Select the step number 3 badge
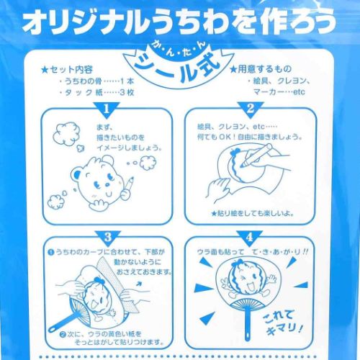pos(107,236)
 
